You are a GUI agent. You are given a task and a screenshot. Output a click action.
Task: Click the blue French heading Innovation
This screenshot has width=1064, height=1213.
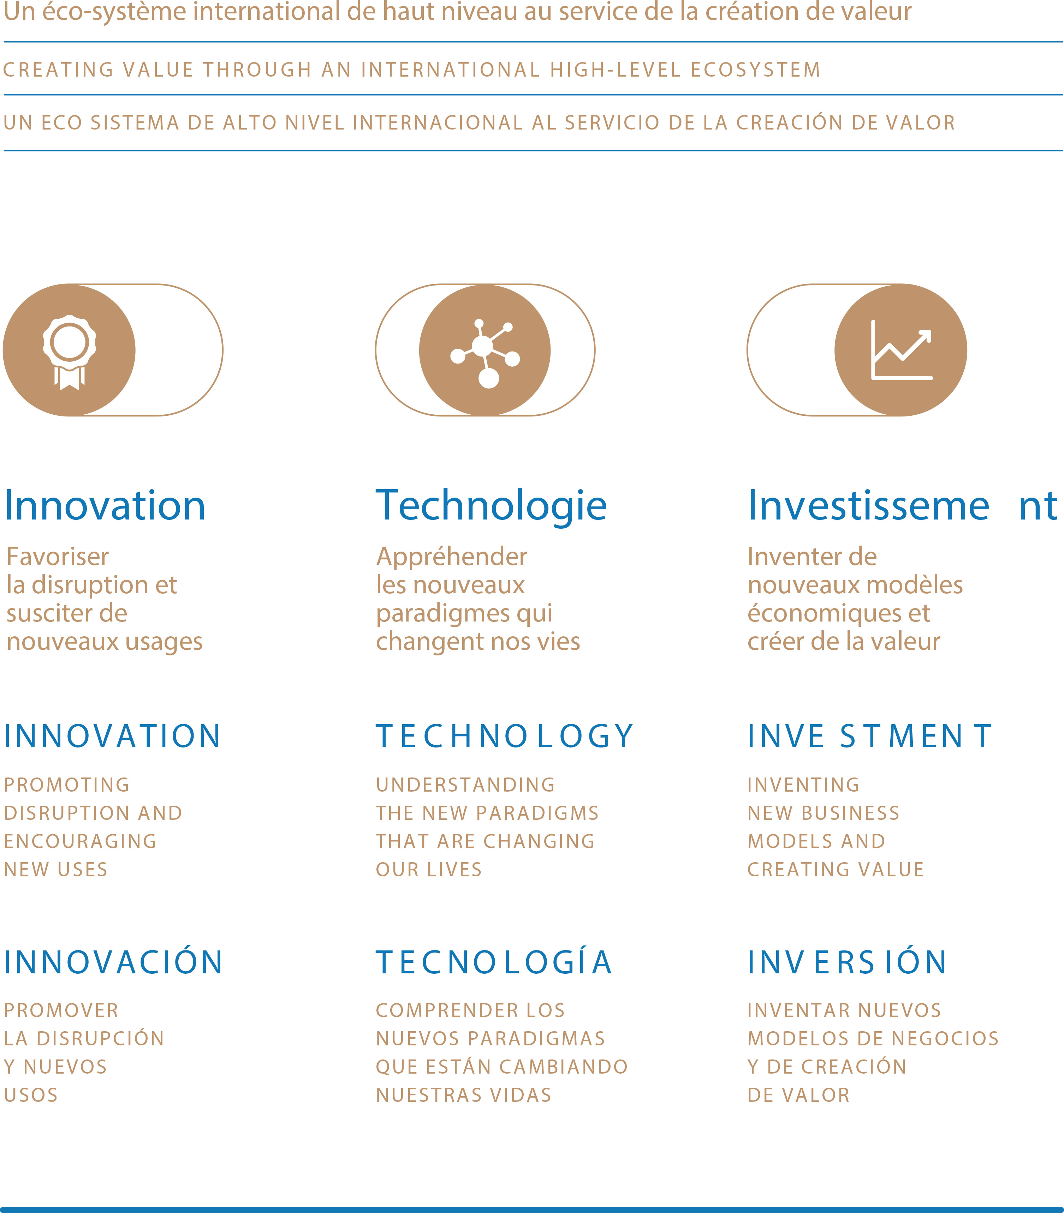click(105, 506)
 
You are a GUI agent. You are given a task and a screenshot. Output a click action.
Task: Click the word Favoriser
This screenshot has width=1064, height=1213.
click(58, 557)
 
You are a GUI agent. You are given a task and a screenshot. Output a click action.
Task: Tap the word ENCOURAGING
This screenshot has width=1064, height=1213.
click(80, 841)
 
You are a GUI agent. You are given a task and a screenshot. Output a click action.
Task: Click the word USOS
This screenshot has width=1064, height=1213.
click(31, 1095)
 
